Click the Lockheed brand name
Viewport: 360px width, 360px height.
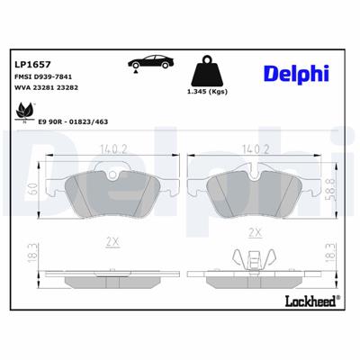point(308,301)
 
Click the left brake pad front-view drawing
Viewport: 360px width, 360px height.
point(112,190)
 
